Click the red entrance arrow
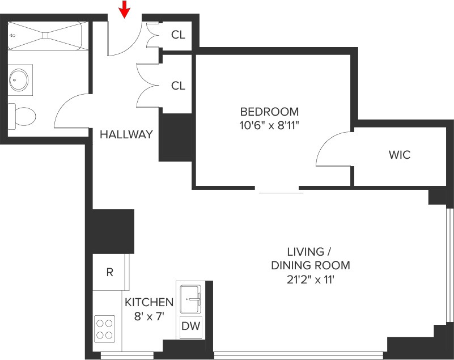[x=125, y=9]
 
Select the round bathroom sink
[x=20, y=81]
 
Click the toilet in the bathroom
[x=22, y=117]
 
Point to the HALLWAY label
[x=126, y=134]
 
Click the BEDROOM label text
[x=269, y=111]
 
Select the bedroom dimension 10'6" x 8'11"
[x=269, y=125]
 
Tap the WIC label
[x=399, y=155]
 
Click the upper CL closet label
[x=178, y=35]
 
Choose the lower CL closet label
[x=178, y=86]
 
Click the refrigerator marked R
[x=110, y=272]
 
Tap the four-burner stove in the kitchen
[x=104, y=328]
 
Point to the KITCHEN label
[x=148, y=302]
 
